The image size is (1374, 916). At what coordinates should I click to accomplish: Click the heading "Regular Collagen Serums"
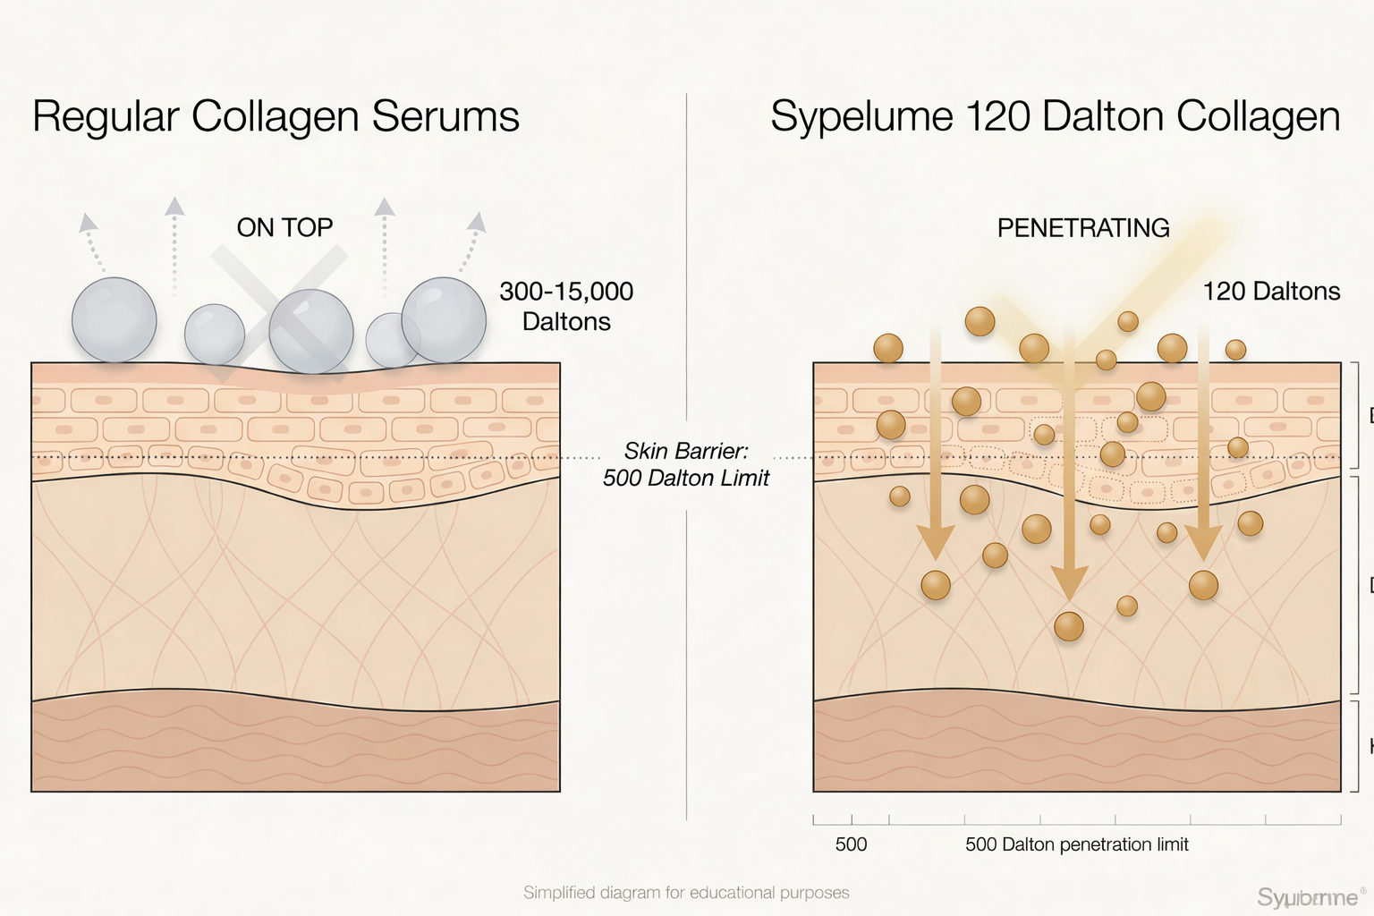(276, 117)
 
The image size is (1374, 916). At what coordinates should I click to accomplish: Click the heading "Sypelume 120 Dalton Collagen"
(1055, 117)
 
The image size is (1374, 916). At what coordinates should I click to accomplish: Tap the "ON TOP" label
(284, 228)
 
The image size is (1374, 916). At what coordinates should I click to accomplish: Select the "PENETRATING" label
(1082, 228)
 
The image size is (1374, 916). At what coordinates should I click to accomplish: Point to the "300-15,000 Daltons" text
(566, 306)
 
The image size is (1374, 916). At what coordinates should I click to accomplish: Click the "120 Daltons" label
(1270, 292)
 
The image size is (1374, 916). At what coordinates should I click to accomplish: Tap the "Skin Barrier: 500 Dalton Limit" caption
(686, 464)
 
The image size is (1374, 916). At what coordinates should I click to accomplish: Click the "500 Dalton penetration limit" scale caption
(1076, 844)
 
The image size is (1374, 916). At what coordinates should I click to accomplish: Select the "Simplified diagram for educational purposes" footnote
(686, 893)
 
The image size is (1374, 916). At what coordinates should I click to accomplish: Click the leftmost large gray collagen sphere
(114, 320)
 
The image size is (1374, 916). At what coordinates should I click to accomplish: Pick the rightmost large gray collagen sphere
(444, 319)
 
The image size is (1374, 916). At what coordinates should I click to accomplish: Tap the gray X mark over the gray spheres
(279, 313)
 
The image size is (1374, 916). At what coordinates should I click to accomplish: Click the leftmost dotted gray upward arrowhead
(87, 223)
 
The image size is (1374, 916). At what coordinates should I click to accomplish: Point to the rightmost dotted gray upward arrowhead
(478, 223)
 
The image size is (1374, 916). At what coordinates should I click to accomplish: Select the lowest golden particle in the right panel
(1069, 626)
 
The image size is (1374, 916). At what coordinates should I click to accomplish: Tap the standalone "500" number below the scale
(851, 844)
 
